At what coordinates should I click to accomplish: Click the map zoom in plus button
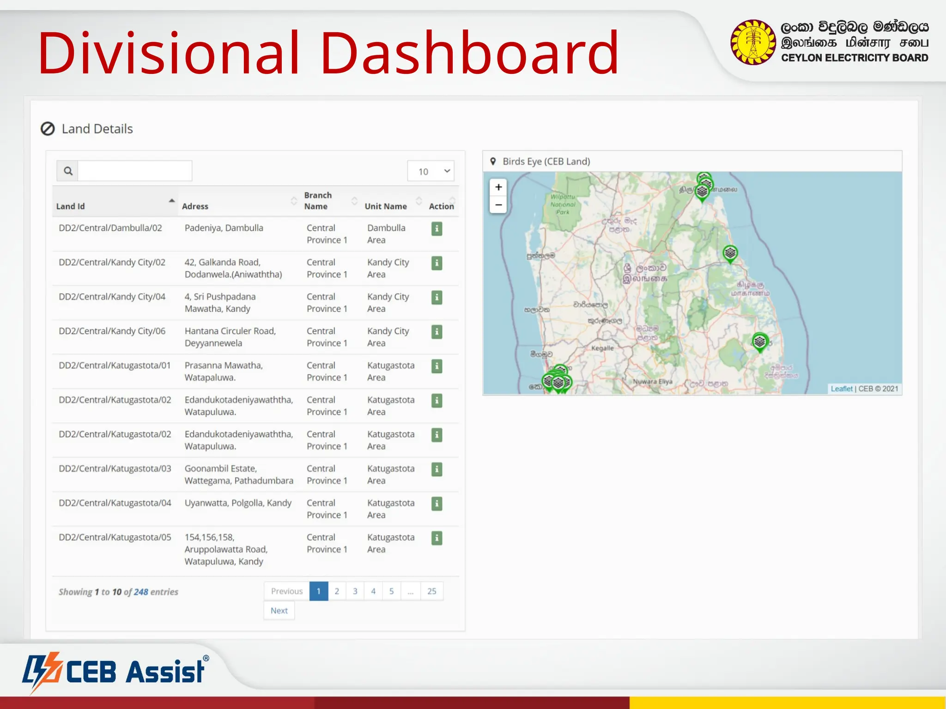point(498,187)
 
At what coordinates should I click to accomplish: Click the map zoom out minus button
point(498,205)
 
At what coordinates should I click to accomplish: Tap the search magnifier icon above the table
point(68,171)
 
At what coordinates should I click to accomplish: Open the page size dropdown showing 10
point(431,171)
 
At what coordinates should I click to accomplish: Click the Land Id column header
point(71,206)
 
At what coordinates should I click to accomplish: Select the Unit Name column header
point(386,206)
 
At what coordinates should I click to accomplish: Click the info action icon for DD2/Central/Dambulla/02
point(437,228)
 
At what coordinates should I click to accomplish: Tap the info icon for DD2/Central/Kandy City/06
point(437,332)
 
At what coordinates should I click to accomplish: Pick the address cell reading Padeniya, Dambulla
point(224,228)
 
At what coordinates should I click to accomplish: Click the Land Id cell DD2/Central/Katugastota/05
point(115,537)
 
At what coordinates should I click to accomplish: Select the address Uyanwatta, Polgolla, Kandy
point(238,503)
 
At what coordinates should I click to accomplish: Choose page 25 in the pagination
point(432,591)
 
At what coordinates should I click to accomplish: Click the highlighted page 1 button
point(319,591)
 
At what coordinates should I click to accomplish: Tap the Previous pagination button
point(287,591)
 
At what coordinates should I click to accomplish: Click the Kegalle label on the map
point(602,348)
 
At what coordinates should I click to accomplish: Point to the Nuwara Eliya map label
point(652,382)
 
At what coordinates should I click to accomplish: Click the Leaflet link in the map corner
point(841,389)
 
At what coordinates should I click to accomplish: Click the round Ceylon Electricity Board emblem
point(753,42)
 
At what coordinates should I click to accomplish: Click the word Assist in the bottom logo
point(165,672)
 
